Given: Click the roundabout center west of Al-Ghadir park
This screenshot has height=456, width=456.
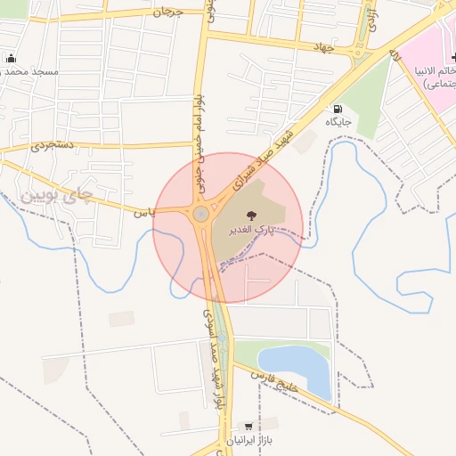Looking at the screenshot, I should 201,214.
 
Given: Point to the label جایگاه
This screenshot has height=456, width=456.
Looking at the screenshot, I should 338,122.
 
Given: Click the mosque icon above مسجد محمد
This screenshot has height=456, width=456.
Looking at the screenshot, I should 11,58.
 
